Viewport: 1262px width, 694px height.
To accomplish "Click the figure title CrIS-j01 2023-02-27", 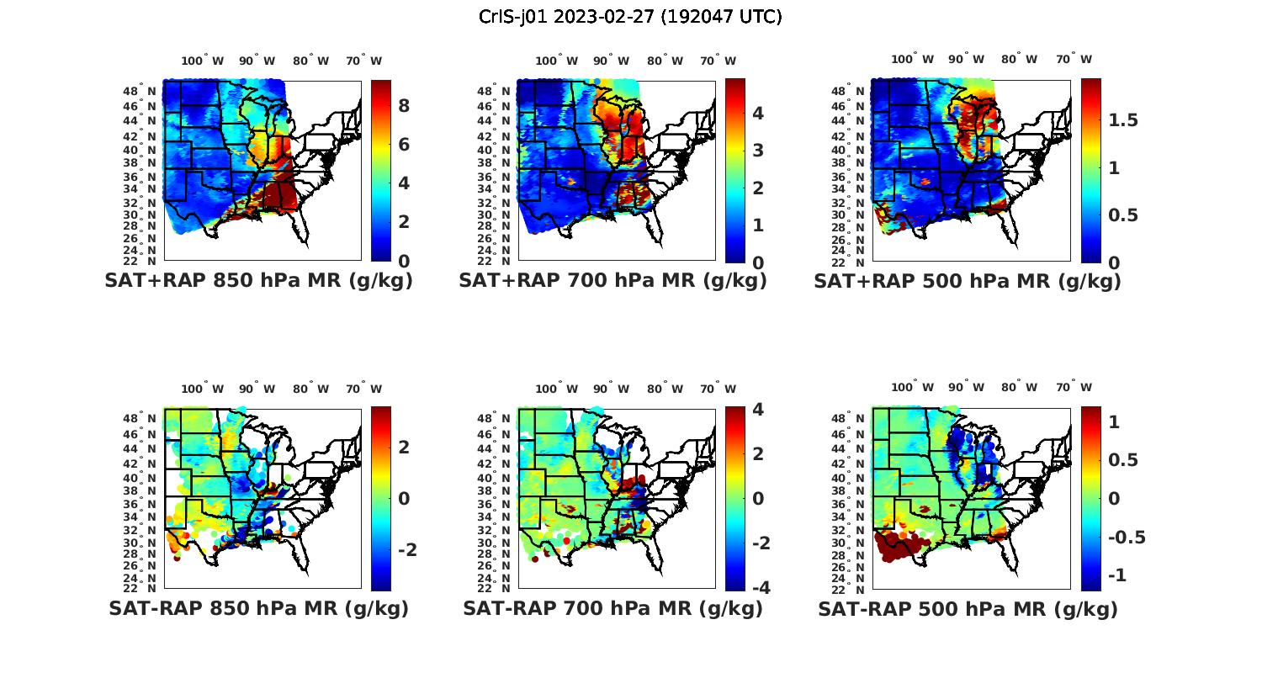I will (x=630, y=17).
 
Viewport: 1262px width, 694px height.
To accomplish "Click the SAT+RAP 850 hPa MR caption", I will (x=258, y=281).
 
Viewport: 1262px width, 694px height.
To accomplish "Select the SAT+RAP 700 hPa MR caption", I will (x=612, y=281).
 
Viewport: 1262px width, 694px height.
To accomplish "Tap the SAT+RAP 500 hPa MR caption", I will (x=968, y=281).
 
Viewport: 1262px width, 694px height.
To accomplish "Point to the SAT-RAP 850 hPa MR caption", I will (x=258, y=608).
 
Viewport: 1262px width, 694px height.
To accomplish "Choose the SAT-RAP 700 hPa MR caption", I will (x=612, y=608).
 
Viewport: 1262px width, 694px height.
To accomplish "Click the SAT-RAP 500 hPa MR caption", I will (x=968, y=608).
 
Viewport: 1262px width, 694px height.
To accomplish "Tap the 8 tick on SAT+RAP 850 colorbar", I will (x=404, y=106).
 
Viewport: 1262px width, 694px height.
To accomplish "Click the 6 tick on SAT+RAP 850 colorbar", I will (x=404, y=145).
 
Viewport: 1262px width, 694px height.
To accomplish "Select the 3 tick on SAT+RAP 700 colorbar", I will (x=758, y=151).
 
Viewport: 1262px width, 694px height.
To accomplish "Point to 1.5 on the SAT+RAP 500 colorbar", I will (x=1123, y=120).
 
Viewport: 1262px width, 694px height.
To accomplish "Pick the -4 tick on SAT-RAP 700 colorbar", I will (x=756, y=587).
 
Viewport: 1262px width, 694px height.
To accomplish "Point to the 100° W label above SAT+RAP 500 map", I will (x=913, y=59).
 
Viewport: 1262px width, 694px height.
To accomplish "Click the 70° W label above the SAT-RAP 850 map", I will (x=363, y=389).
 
